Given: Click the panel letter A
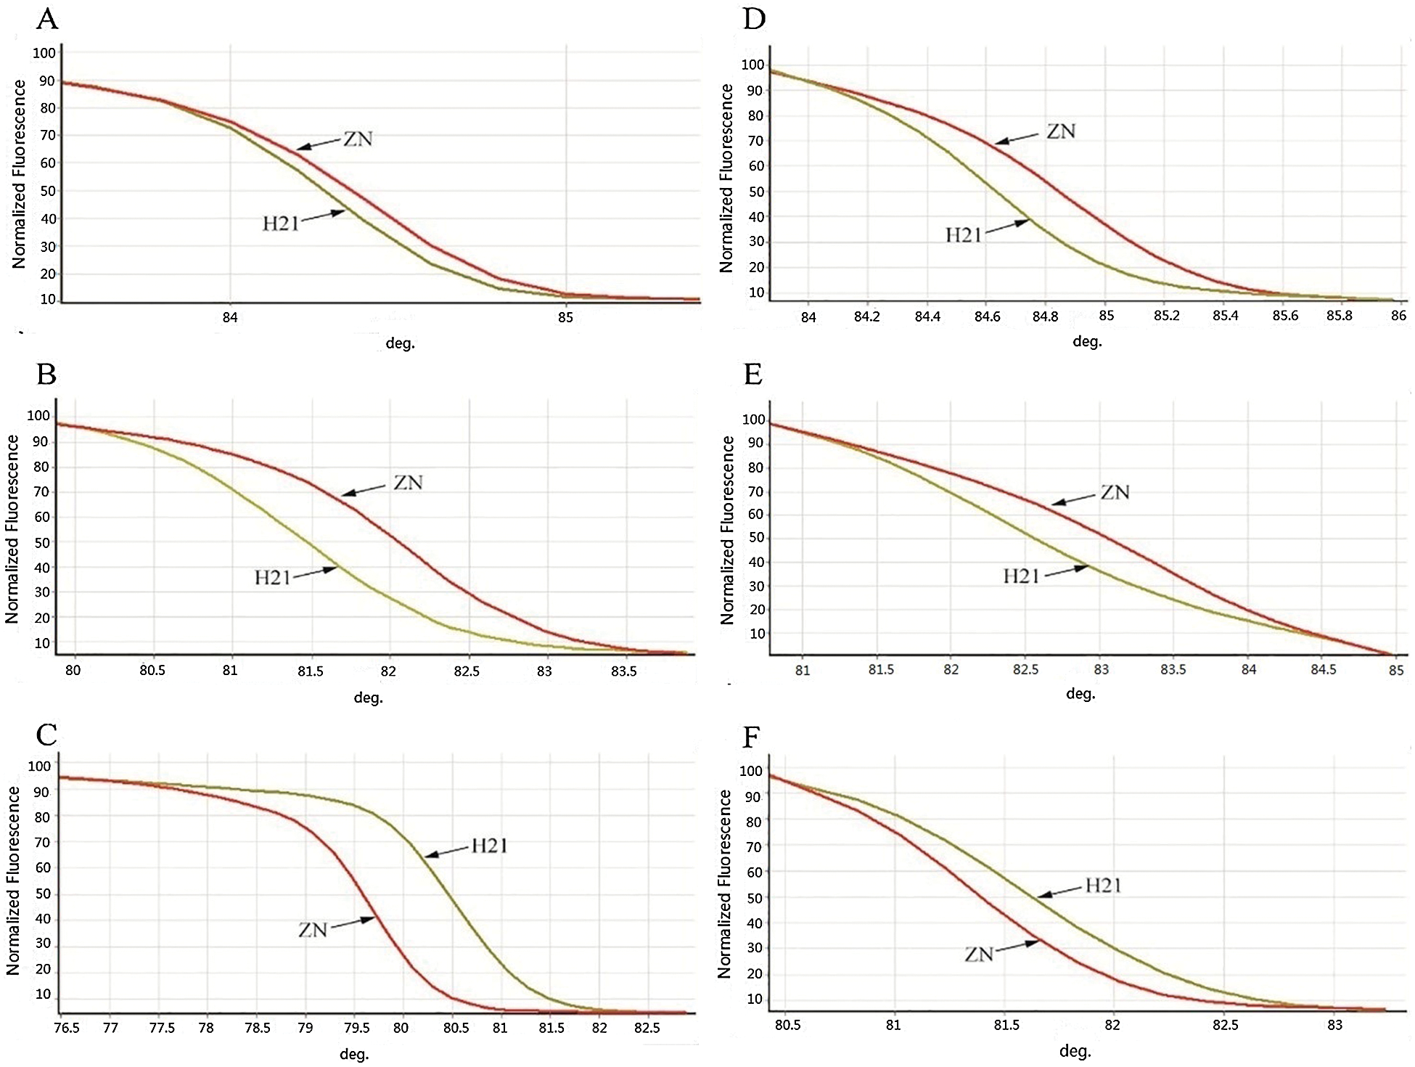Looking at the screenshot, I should (47, 19).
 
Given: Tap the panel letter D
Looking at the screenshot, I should (755, 19).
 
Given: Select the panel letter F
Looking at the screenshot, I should (752, 737).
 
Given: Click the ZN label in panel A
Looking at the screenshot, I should (358, 139).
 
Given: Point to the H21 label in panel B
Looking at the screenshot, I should (272, 578).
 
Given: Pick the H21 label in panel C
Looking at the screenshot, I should (490, 846).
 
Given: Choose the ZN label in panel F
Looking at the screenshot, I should (979, 954).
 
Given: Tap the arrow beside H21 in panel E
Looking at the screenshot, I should (1066, 571).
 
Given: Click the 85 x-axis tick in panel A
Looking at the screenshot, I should (565, 317).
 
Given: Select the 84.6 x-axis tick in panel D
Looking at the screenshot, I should (987, 316).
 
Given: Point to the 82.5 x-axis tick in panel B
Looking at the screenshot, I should (467, 671).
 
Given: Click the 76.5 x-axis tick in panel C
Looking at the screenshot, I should (67, 1028).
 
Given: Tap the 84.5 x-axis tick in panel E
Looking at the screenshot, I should (1323, 669).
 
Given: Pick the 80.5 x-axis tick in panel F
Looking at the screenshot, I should (787, 1025).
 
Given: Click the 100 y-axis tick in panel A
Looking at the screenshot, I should (44, 53).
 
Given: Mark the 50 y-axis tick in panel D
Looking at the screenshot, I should (756, 192).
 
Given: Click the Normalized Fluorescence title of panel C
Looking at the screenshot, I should (13, 880).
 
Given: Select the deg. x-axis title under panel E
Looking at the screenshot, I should (1080, 694).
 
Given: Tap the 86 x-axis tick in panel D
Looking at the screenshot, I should (1398, 316).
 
